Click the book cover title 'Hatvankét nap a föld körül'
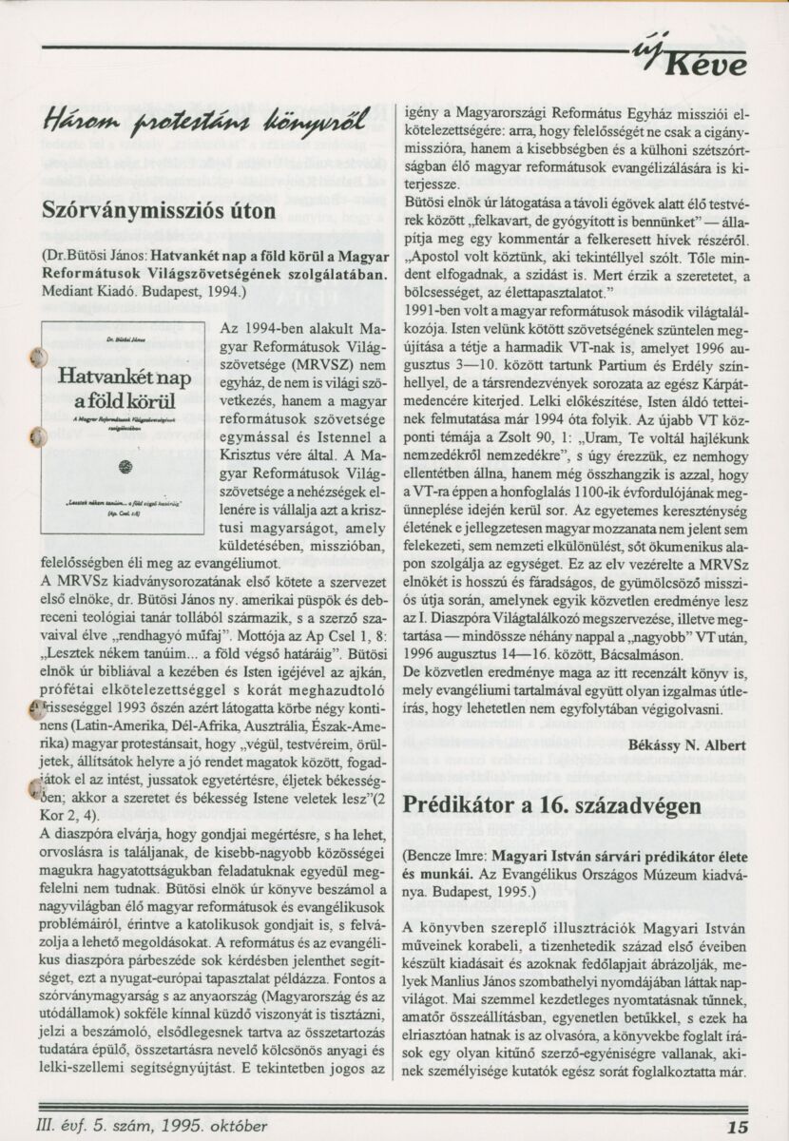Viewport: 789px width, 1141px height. (125, 389)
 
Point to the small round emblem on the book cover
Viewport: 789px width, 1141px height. (125, 466)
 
